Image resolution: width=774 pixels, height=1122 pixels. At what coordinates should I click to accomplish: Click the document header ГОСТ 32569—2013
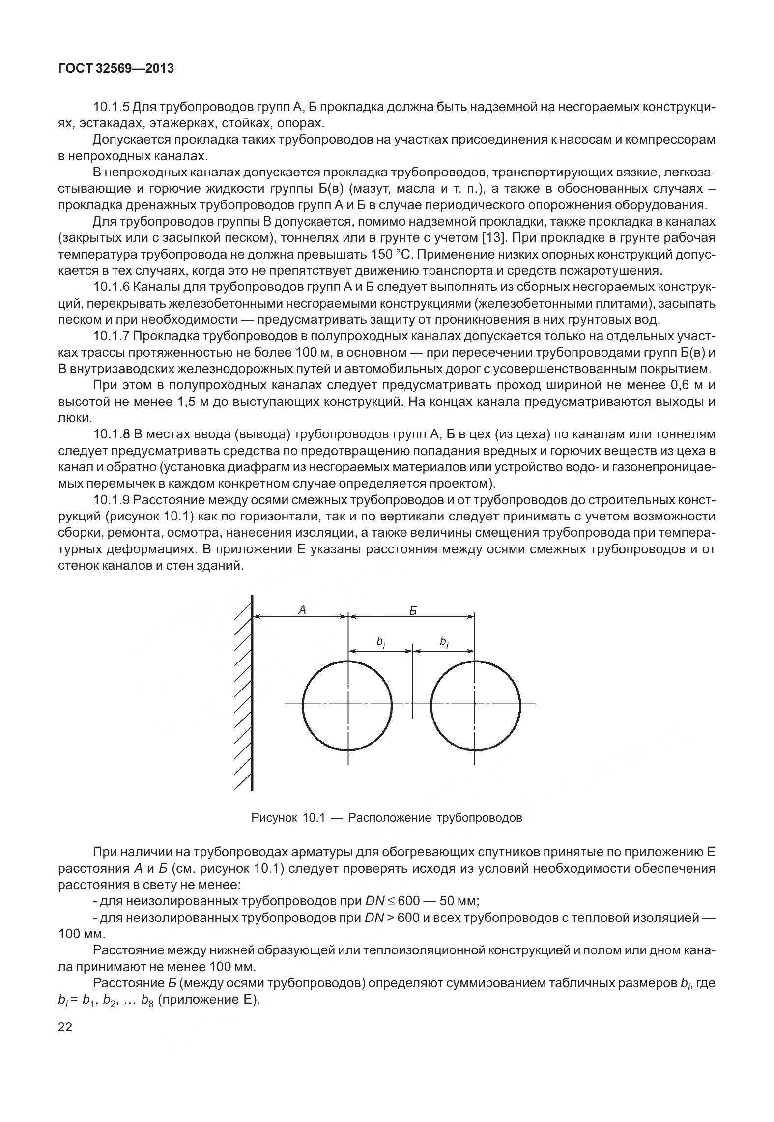[116, 69]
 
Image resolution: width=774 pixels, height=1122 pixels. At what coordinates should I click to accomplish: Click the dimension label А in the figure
[302, 610]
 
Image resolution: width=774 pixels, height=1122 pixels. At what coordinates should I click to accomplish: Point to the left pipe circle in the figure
[347, 705]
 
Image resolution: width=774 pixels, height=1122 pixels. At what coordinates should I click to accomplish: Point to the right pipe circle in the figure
[475, 705]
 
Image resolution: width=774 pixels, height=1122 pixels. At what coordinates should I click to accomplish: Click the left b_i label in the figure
[380, 642]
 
